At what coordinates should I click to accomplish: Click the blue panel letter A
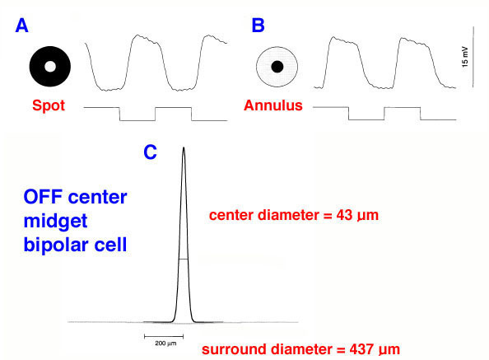(22, 26)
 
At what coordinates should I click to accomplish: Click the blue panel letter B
(258, 26)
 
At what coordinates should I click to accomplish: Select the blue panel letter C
(150, 152)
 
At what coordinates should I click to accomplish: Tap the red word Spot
(49, 105)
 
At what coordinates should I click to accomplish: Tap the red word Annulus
(273, 105)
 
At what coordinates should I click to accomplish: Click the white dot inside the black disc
(50, 67)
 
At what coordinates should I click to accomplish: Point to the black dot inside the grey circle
(277, 67)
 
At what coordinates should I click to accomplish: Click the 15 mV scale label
(465, 57)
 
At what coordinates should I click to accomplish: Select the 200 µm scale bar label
(165, 344)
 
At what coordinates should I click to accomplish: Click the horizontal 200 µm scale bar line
(164, 336)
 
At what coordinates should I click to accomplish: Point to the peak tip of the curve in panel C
(184, 147)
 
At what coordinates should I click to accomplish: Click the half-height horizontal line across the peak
(184, 259)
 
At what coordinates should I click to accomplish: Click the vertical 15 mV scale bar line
(473, 57)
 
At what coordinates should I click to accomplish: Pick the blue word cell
(110, 245)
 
